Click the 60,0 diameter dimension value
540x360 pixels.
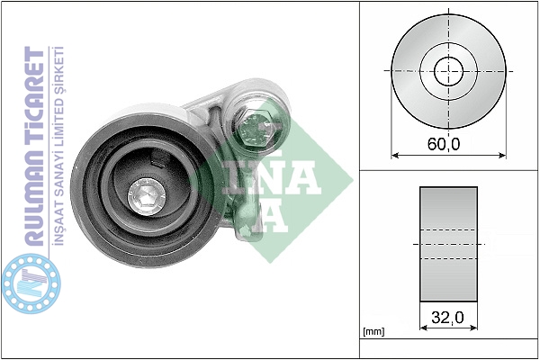point(444,144)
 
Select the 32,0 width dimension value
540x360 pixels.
point(447,318)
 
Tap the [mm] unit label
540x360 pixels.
point(373,332)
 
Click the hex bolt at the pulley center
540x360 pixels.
point(147,198)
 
